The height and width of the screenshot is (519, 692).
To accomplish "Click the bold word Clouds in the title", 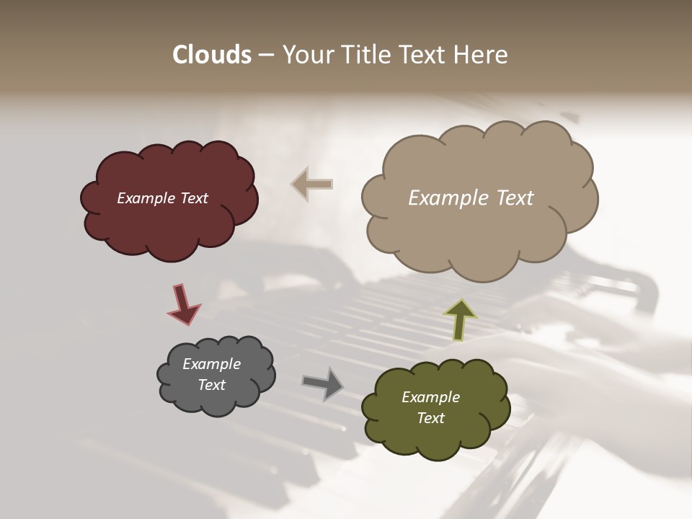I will (211, 55).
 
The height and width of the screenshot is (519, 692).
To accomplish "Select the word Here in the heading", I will (484, 55).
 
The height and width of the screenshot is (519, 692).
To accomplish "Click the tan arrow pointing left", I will (312, 185).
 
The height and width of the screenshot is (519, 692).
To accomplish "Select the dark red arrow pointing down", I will (183, 303).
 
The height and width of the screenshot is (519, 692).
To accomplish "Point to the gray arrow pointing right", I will (323, 383).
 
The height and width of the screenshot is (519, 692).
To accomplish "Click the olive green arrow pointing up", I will (461, 319).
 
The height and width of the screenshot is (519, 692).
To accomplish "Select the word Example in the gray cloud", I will (211, 364).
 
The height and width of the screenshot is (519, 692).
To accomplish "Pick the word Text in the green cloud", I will (430, 418).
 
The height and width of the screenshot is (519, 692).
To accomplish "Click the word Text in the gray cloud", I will (211, 385).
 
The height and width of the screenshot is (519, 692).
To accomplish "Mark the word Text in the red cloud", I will (192, 198).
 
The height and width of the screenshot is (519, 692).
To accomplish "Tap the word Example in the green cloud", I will (430, 397).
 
